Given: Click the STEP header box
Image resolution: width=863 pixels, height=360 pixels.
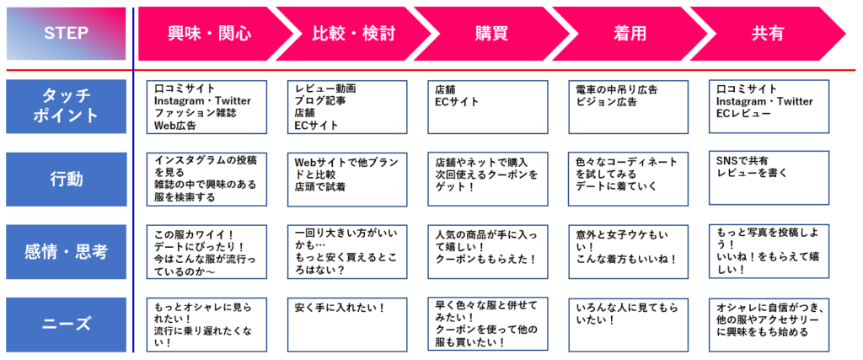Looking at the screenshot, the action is click(66, 34).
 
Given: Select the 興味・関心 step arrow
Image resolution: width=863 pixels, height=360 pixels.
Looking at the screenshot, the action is click(210, 34).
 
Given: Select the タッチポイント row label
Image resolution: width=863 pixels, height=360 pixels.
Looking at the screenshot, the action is click(66, 106).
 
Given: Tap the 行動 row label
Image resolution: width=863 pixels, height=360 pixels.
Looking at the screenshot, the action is click(66, 180).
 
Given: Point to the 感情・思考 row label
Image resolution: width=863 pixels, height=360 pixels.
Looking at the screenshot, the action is click(66, 251).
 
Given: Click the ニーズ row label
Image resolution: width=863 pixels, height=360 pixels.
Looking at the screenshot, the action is click(66, 325).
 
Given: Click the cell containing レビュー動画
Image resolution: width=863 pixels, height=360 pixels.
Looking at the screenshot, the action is click(347, 107).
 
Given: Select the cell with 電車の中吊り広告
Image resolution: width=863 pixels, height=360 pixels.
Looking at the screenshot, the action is click(628, 107).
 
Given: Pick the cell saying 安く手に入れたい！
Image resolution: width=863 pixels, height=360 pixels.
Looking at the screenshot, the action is click(347, 325).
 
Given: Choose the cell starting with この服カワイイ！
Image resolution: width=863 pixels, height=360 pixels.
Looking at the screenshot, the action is click(207, 251).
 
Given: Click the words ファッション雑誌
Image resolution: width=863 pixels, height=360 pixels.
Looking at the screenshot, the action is click(188, 113).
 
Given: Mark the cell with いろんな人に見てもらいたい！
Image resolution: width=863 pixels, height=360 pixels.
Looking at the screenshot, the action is click(628, 325).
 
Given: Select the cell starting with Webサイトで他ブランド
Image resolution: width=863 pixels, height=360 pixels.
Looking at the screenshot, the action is click(347, 180).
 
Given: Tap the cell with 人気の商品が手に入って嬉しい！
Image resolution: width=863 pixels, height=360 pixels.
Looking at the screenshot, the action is click(488, 251).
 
